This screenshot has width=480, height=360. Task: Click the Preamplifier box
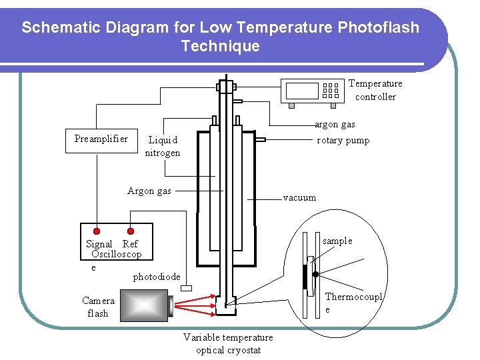101,139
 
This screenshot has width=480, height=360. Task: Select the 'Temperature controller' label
375,90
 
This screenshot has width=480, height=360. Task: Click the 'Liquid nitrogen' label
163,146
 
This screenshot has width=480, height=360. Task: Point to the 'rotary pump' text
343,140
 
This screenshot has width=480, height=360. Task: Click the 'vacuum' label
299,197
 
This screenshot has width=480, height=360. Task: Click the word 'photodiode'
157,277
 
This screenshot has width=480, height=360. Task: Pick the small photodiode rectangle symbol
186,287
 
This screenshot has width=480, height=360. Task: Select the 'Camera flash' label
98,307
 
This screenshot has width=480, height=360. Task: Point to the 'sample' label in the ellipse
337,241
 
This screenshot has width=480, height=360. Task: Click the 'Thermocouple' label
353,303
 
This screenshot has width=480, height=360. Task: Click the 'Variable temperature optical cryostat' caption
228,344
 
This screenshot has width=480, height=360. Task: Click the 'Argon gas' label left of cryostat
149,191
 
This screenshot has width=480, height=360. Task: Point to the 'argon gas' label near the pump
335,124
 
